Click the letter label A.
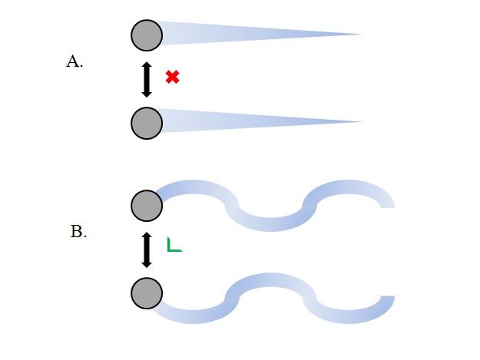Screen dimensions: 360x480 (74, 62)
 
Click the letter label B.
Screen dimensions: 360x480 (78, 232)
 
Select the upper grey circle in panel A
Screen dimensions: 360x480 (147, 35)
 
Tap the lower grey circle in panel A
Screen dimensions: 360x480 (147, 123)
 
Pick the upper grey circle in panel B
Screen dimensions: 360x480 (147, 206)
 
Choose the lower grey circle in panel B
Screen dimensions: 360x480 (147, 293)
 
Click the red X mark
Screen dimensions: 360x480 (173, 77)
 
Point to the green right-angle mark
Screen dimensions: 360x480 (174, 246)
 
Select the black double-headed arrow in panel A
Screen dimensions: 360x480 (147, 80)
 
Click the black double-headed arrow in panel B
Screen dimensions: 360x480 (147, 249)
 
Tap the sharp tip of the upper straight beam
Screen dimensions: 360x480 (361, 35)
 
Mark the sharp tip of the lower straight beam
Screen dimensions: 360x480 (361, 121)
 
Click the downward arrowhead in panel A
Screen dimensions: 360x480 (147, 94)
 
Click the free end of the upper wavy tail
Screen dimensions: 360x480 (387, 203)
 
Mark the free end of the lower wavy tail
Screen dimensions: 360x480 (387, 302)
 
